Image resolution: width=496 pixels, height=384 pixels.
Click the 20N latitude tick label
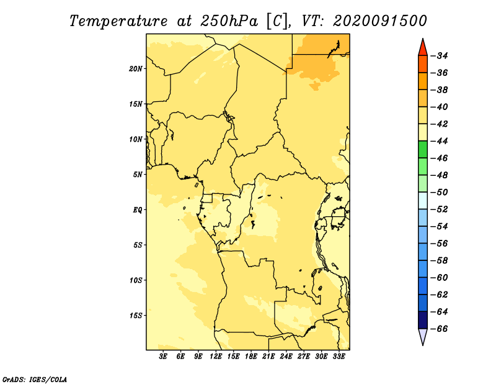coord(136,69)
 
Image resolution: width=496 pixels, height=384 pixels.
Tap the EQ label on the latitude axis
coord(138,210)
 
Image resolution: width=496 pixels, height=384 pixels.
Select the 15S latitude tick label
coord(136,316)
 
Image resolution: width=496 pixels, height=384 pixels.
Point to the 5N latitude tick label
coord(138,175)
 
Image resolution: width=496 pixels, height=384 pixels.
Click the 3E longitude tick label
coord(163,357)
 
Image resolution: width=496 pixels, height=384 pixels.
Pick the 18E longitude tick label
coord(251,357)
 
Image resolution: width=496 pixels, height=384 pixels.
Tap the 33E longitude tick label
coord(339,357)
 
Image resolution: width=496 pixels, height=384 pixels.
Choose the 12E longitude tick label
coord(216,357)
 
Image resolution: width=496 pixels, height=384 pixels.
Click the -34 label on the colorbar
coord(440,56)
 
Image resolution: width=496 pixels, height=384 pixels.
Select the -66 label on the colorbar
coord(440,329)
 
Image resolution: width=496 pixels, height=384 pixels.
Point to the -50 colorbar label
coord(440,193)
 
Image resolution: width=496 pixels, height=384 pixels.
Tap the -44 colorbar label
coord(440,141)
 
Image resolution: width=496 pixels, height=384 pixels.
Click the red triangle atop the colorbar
coord(423,48)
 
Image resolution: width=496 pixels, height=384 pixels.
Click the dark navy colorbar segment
coord(423,320)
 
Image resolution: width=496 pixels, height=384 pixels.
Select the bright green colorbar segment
coord(423,149)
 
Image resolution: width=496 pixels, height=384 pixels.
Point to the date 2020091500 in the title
coord(380,21)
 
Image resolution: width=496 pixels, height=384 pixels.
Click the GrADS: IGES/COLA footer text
coord(35,380)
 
